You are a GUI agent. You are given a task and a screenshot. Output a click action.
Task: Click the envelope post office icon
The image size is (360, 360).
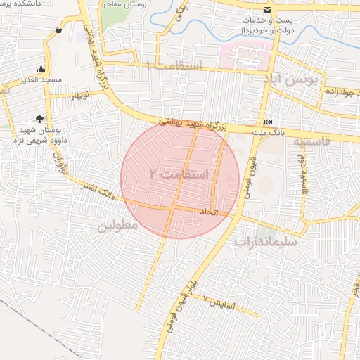pos(267,10)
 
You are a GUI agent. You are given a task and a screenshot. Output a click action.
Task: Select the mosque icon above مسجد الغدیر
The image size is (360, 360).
pos(41,70)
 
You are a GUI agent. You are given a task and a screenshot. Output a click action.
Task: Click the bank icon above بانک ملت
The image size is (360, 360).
pos(268,120)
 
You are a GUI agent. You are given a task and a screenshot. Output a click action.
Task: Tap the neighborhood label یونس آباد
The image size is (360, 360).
pos(291,79)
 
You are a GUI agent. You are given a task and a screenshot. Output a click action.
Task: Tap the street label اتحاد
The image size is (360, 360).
pos(210,212)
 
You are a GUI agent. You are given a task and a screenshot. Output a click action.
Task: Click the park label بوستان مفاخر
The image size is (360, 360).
pos(130,4)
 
